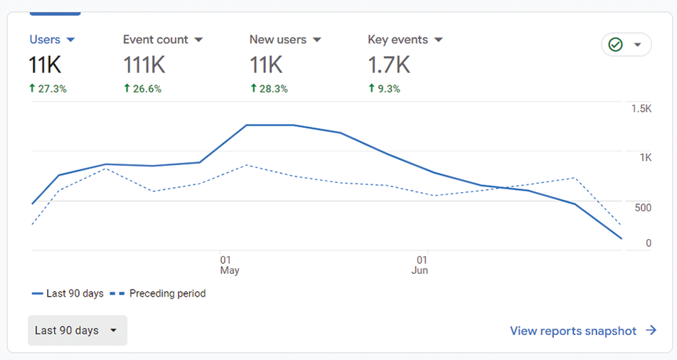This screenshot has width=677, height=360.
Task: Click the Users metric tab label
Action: (44, 40)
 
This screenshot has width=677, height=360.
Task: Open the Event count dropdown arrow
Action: (198, 40)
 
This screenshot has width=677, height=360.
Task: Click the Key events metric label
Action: (398, 40)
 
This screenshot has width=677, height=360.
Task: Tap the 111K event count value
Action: (144, 65)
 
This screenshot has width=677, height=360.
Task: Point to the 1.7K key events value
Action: (388, 65)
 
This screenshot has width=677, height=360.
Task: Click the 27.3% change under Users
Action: (48, 89)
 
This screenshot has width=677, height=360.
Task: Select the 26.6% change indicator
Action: (142, 89)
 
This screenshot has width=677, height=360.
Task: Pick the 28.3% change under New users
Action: (269, 89)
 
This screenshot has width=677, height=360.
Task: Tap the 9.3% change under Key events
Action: (384, 89)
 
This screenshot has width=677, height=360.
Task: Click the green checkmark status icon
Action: (616, 45)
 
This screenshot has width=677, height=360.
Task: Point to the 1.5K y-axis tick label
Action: (641, 109)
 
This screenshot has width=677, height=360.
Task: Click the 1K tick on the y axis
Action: (644, 158)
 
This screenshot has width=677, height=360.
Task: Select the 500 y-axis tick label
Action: (642, 208)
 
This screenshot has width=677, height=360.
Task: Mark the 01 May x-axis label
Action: (229, 265)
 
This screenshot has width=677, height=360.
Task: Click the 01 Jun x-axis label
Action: (420, 265)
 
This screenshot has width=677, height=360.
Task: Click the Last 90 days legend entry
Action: (68, 293)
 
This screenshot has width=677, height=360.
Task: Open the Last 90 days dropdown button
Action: (78, 331)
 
